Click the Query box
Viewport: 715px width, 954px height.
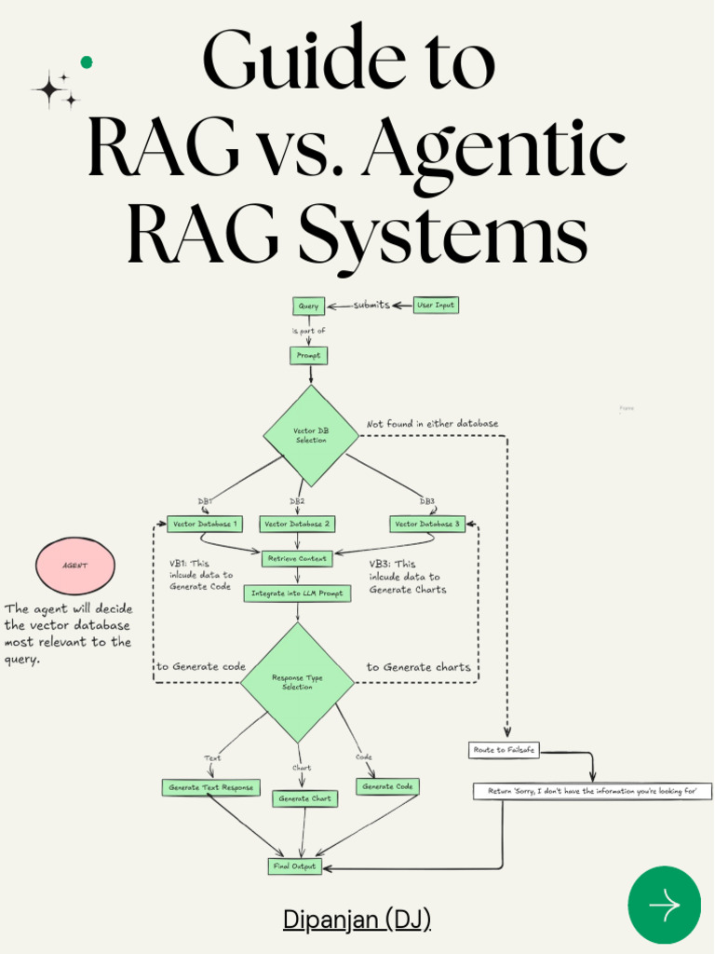tap(308, 306)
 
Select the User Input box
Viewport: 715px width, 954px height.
tap(436, 306)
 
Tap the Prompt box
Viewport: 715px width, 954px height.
tap(308, 355)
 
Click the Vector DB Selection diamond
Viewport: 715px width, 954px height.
tap(311, 436)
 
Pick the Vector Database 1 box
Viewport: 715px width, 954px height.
tap(206, 525)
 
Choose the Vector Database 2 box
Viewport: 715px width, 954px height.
tap(297, 525)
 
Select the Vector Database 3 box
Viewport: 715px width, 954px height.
tap(427, 525)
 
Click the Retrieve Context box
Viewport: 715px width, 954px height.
tap(297, 559)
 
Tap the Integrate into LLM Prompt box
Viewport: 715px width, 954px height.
tap(297, 593)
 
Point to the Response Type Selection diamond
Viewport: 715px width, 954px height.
tap(298, 683)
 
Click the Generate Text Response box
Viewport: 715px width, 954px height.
tap(210, 787)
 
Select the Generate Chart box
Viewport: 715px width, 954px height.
tap(305, 798)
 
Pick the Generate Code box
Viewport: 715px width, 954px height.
tap(388, 787)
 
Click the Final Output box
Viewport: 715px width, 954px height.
tap(294, 866)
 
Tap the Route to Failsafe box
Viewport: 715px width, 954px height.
tap(504, 750)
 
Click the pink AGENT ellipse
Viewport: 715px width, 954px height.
tap(75, 566)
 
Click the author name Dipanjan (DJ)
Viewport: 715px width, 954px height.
tap(357, 920)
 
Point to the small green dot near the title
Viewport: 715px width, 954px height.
tap(87, 62)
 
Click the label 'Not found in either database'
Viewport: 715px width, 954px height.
tap(432, 424)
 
